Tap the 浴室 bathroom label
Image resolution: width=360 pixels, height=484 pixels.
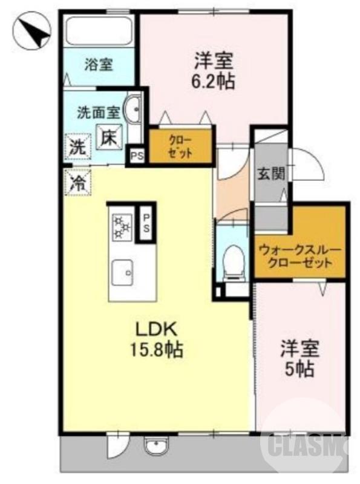97,64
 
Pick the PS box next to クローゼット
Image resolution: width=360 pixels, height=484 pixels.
137,155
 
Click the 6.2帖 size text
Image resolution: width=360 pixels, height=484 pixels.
214,81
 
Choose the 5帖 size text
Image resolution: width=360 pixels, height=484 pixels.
299,368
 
